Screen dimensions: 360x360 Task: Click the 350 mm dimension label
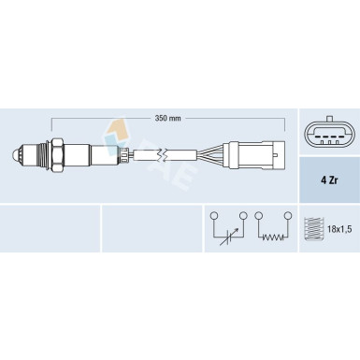pos(167,119)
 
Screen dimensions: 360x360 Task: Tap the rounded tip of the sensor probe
pos(15,153)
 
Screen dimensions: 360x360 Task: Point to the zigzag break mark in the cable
pos(162,154)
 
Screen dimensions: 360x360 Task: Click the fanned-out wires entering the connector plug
pos(210,154)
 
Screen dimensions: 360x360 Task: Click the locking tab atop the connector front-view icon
pos(329,120)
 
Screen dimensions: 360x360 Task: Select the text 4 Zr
pos(329,180)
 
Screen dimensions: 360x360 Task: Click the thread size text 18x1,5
pos(339,229)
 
